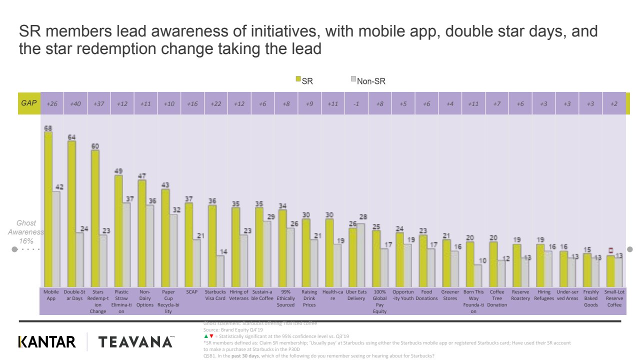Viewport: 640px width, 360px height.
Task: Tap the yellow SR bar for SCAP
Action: click(188, 244)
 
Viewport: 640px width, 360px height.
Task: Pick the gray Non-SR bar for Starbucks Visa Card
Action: click(219, 270)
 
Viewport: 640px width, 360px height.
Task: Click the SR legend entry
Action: click(304, 80)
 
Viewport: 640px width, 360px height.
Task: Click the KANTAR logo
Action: click(47, 342)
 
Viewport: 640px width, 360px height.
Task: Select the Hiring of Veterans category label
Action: click(239, 295)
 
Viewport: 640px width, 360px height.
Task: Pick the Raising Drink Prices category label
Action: click(309, 298)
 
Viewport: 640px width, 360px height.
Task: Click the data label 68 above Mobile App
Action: click(48, 127)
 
